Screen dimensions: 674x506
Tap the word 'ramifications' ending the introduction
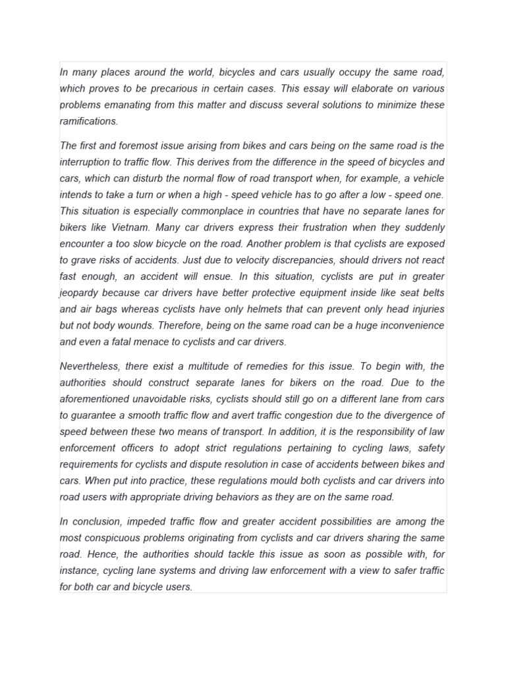[88, 121]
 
